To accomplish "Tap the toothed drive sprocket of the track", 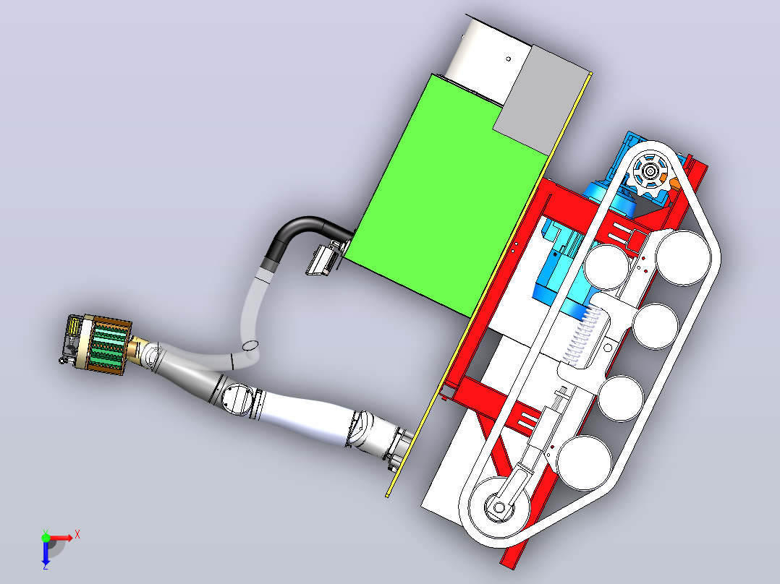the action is (x=650, y=172).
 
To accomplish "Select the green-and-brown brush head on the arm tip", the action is (x=100, y=343).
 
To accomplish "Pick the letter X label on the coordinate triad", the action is (x=77, y=535).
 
